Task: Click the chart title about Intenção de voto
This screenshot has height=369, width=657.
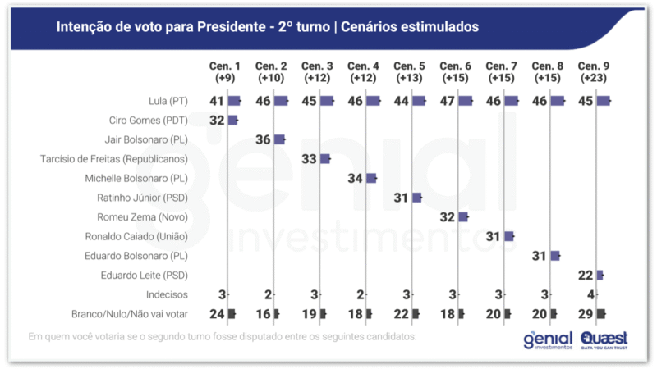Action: point(267,27)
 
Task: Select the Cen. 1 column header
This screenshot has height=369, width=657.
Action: point(225,71)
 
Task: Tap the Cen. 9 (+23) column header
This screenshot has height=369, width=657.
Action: point(593,71)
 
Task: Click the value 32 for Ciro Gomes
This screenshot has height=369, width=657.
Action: point(217,121)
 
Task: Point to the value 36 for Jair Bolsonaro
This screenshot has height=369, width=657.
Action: point(264,139)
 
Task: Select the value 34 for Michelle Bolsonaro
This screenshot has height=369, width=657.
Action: point(356,178)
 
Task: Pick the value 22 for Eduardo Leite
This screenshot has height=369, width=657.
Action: point(586,275)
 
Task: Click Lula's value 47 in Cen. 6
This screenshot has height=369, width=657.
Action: point(448,101)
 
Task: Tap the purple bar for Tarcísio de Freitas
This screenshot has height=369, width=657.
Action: point(324,159)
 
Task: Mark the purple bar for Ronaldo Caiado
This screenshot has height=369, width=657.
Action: point(509,236)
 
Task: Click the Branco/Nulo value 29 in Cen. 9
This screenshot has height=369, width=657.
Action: point(586,314)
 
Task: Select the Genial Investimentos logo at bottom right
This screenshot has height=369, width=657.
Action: point(549,340)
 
